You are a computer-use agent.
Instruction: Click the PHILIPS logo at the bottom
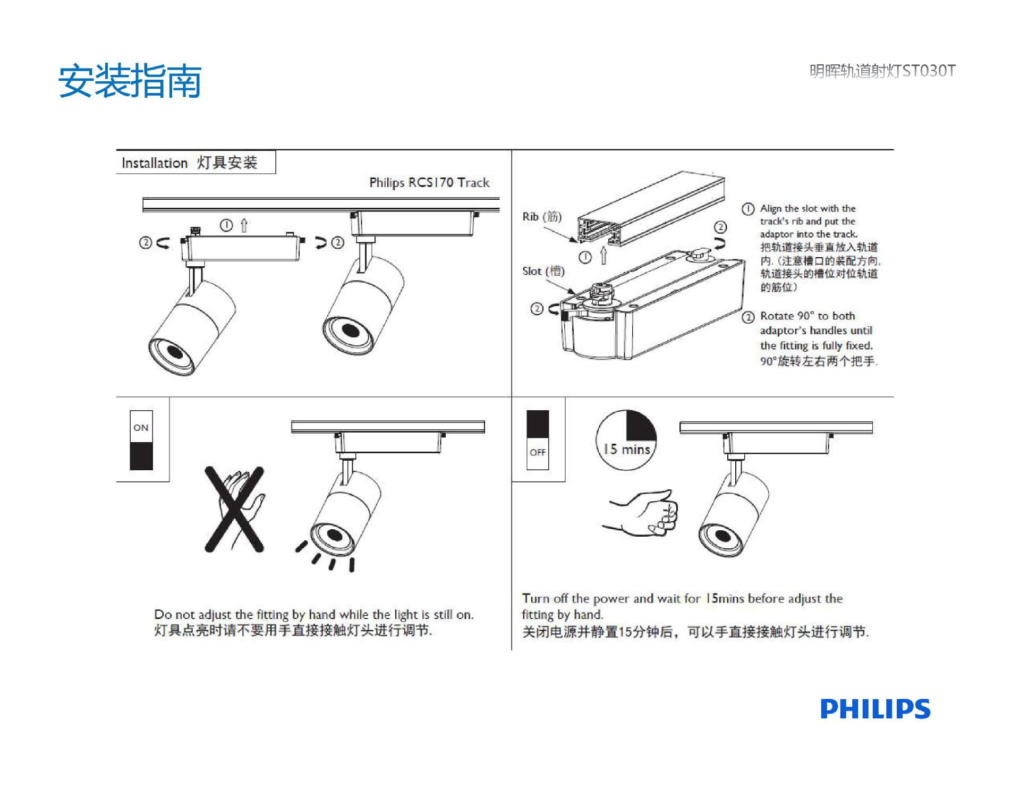875,709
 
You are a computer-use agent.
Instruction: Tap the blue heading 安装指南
130,81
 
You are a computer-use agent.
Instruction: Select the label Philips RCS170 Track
429,183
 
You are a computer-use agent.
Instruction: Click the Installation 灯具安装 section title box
195,163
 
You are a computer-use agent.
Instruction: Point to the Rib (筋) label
541,217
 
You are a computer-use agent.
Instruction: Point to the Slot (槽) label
543,272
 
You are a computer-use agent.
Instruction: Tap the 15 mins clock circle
626,440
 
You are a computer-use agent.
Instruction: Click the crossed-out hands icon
234,509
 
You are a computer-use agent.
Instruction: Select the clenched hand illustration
642,513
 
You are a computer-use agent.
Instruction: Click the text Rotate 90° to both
807,316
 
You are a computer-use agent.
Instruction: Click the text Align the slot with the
807,209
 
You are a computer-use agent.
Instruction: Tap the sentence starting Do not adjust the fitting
313,615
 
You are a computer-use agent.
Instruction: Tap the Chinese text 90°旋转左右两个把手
818,361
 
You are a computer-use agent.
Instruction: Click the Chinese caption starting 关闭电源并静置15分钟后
695,632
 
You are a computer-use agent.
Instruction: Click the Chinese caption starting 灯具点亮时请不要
293,631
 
